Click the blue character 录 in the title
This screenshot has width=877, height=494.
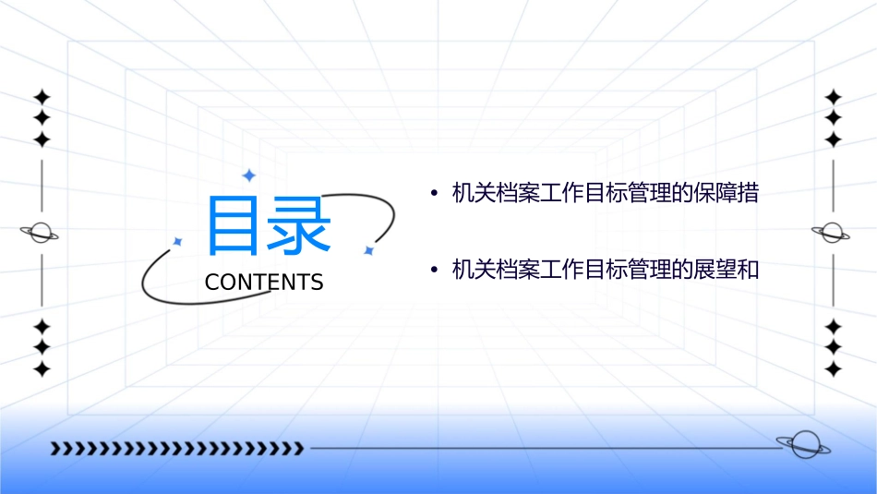[298, 226]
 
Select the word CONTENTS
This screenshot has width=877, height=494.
[264, 282]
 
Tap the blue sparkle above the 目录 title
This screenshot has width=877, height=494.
[247, 175]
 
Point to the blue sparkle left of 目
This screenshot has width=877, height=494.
[177, 241]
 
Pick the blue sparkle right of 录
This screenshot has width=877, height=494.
[367, 250]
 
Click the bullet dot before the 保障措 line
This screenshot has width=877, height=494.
[433, 194]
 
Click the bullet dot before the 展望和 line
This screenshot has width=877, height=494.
[433, 270]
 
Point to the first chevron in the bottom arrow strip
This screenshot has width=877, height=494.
[55, 449]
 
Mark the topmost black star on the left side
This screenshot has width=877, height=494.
[41, 96]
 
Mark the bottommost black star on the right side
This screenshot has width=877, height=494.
[833, 369]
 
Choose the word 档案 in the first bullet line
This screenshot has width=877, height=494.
[516, 194]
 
